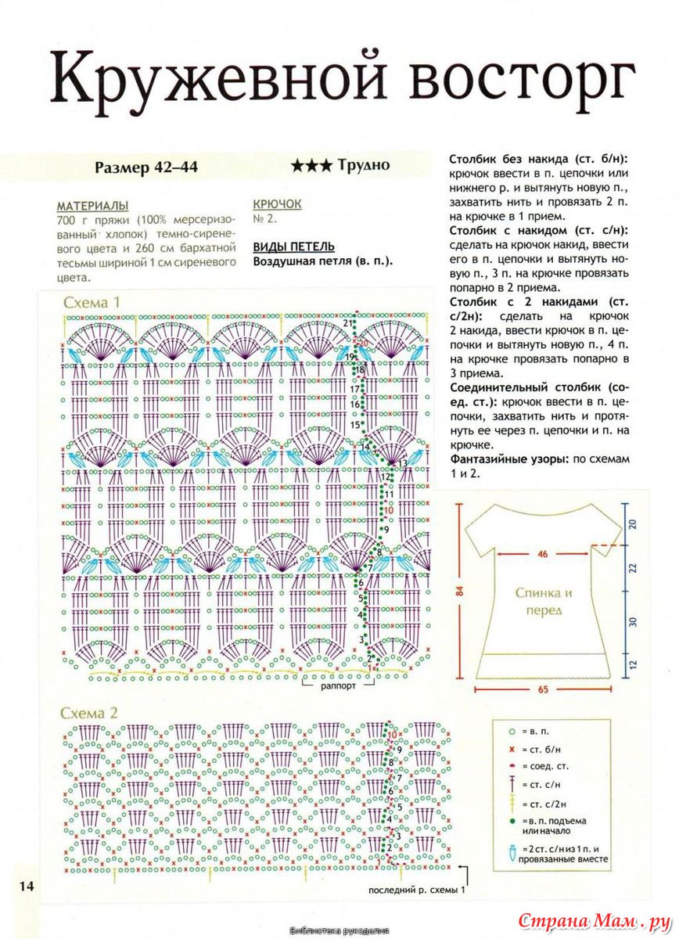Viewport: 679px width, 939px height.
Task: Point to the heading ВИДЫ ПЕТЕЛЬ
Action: (293, 246)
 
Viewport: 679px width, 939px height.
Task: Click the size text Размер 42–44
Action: (146, 167)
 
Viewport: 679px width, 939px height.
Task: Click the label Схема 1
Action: (93, 302)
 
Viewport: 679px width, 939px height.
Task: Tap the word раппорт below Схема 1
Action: (338, 685)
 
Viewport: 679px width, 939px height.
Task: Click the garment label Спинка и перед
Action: (543, 601)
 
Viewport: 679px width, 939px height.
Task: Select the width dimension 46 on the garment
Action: (542, 554)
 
